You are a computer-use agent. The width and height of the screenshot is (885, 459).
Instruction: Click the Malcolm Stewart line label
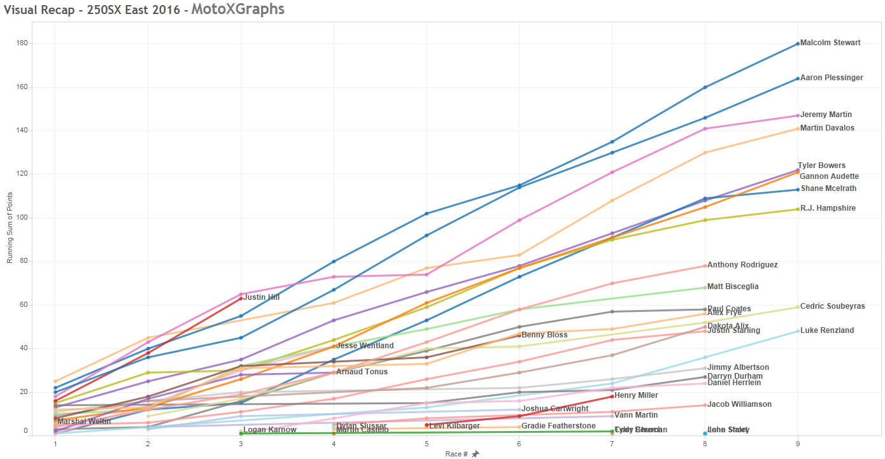click(x=830, y=43)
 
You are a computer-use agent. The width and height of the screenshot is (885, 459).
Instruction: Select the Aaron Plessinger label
click(x=832, y=78)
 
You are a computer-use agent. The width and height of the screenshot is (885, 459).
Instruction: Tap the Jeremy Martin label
click(x=826, y=115)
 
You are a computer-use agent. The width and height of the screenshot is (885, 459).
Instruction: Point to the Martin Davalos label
click(x=827, y=128)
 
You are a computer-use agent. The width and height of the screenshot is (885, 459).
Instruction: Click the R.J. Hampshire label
click(x=828, y=208)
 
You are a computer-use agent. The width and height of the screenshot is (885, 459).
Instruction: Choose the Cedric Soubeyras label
click(x=832, y=306)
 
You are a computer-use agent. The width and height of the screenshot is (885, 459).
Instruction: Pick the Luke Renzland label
click(x=827, y=330)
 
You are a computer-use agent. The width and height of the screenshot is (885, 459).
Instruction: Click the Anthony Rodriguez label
click(x=742, y=265)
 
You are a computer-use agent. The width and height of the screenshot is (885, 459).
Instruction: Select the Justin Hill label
click(x=262, y=297)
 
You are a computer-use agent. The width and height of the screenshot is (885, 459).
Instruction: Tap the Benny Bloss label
click(x=544, y=335)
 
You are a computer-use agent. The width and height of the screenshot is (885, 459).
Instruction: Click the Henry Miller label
click(x=636, y=395)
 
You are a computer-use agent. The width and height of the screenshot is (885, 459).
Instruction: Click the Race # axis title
click(x=456, y=454)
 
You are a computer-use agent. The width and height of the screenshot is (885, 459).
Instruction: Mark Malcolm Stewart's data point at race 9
click(x=798, y=43)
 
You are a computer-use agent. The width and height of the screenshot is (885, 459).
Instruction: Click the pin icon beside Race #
click(x=475, y=454)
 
